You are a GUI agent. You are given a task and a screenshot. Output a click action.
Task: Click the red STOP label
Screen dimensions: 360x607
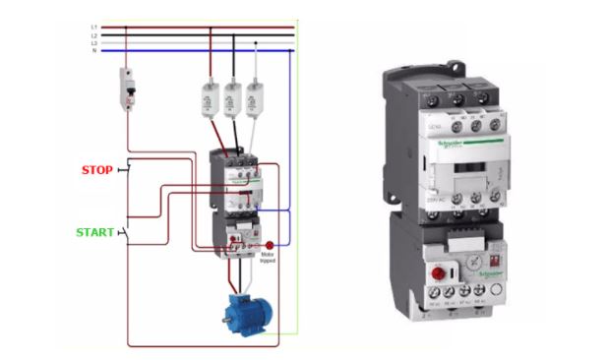click(x=95, y=168)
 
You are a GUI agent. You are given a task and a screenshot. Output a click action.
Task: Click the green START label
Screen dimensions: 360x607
click(x=95, y=233)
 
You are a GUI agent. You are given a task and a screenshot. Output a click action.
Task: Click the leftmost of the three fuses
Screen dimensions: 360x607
click(x=210, y=98)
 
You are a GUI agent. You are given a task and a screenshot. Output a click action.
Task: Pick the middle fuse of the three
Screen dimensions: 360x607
click(x=233, y=98)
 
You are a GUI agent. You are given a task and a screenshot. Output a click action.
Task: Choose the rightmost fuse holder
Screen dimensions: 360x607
click(x=257, y=98)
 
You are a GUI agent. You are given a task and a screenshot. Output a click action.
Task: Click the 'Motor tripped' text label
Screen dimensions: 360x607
click(x=268, y=258)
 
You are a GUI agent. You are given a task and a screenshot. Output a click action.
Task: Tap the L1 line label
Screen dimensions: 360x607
click(x=93, y=27)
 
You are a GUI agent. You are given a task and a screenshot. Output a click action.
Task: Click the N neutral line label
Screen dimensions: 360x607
click(x=93, y=50)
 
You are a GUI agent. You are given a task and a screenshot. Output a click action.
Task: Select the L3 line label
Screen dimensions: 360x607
click(x=93, y=42)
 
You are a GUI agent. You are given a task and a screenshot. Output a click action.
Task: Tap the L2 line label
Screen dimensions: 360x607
click(x=93, y=34)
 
